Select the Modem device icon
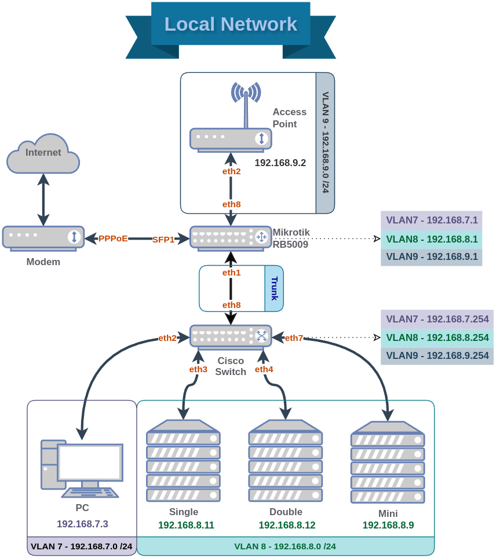pos(43,237)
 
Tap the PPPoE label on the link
pos(112,238)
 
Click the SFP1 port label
pos(163,240)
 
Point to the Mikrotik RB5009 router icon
pos(231,237)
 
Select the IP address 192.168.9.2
pos(280,163)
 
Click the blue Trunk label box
pos(274,288)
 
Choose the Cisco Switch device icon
pos(231,336)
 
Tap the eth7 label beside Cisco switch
pos(294,338)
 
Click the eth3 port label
pos(198,369)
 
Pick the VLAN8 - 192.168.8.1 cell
pos(431,239)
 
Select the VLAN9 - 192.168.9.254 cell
pos(437,355)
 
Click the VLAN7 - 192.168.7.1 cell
pos(431,221)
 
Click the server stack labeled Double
pos(285,460)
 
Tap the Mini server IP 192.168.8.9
pos(388,526)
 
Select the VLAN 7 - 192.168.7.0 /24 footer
pos(81,546)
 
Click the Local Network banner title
pos(231,24)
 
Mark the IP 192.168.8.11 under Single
pos(186,526)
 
